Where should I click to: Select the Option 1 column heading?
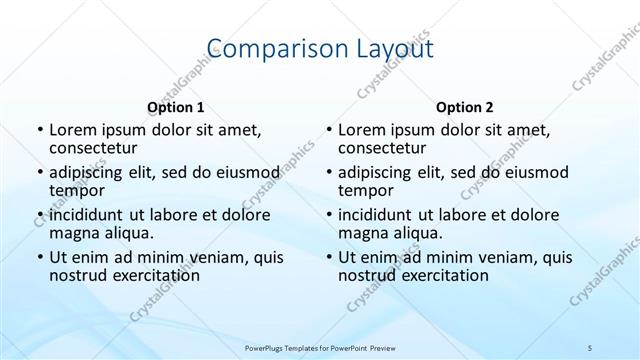(175, 107)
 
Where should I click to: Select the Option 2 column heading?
(464, 107)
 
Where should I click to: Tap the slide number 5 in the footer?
(591, 346)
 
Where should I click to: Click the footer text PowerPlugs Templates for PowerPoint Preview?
(319, 346)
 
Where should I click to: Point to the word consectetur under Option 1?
(95, 149)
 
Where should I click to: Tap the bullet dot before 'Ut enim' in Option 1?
(39, 257)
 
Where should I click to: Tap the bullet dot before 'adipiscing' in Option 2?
(328, 173)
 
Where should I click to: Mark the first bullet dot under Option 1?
(39, 131)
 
